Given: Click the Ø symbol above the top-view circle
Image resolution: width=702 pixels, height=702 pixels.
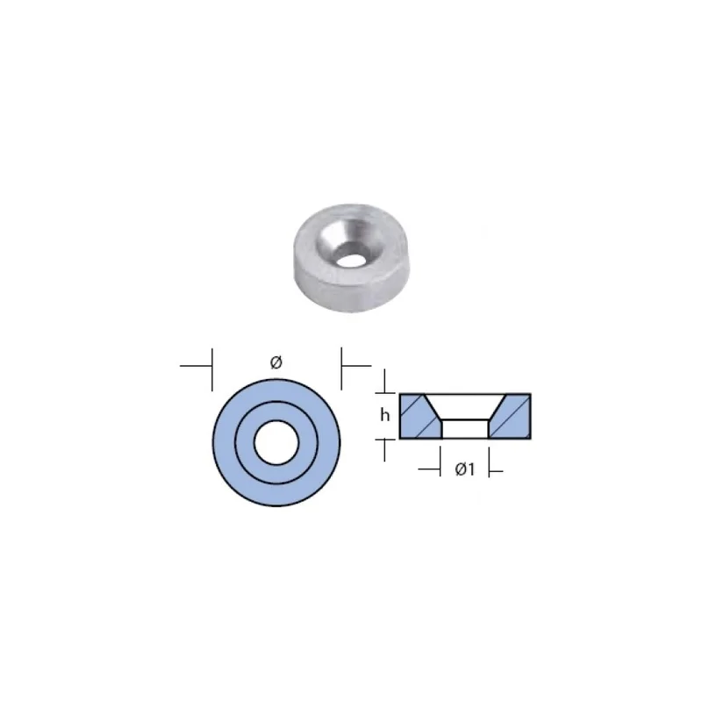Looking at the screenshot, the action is pos(276,362).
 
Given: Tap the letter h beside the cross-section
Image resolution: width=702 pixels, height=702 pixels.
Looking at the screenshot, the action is pos(384,415).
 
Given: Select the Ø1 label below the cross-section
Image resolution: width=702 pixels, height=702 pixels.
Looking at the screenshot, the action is pos(465,469).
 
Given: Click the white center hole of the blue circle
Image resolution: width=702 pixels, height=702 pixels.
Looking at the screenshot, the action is pos(276,442).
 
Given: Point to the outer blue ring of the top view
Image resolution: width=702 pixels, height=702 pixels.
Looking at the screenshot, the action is pos(224,442).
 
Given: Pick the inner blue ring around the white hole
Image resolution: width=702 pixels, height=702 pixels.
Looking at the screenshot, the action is pos(245,442).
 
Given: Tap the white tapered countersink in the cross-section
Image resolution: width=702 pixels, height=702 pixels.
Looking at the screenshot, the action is pos(465,406).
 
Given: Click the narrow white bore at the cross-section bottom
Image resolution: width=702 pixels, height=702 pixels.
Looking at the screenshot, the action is pos(465,429).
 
